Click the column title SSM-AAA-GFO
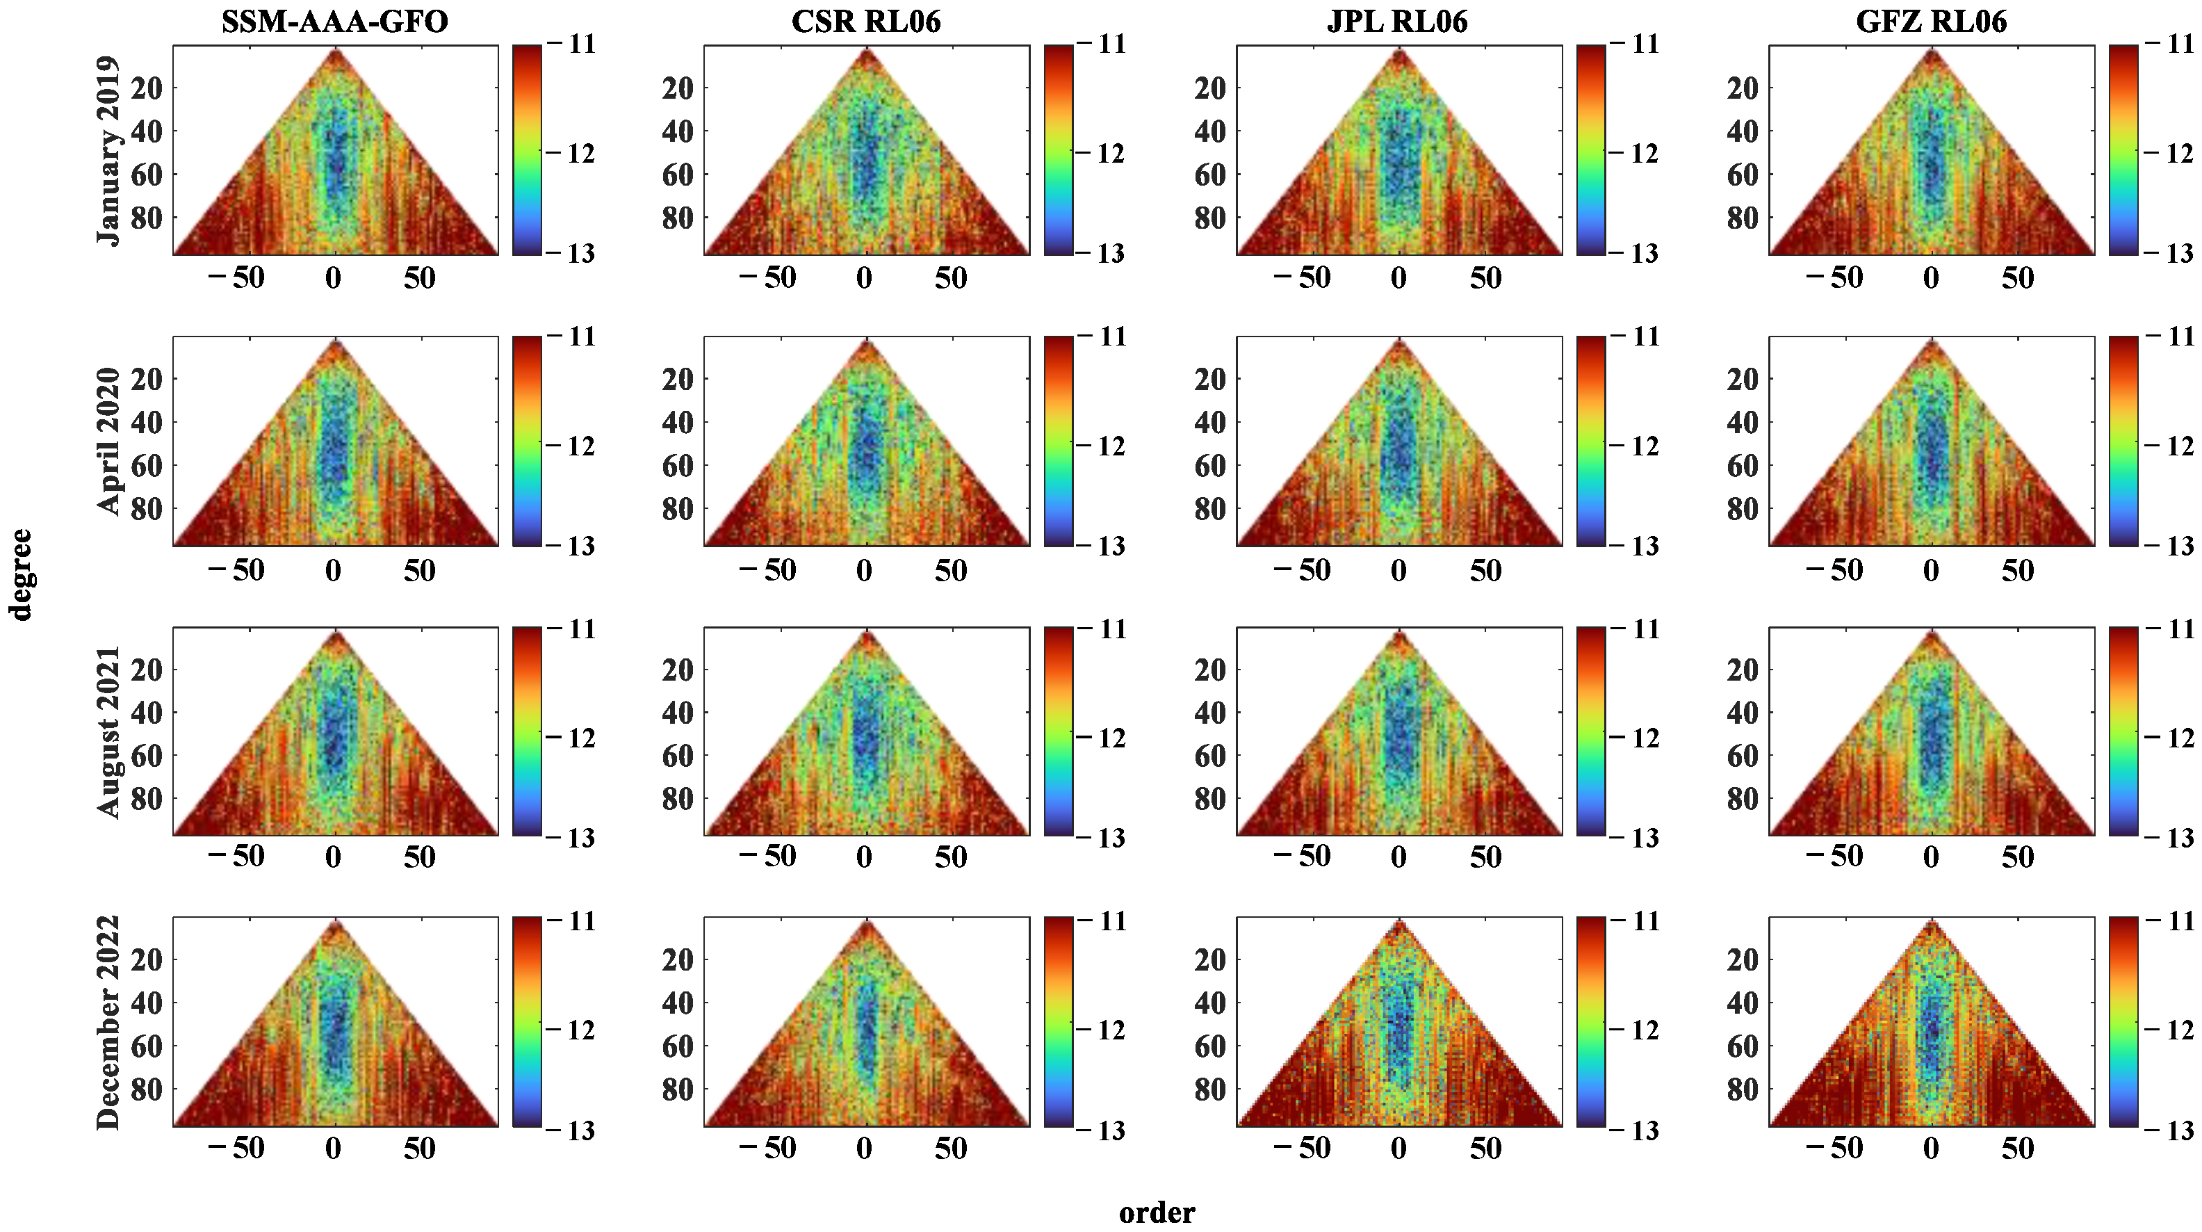coord(334,21)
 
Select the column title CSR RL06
coord(866,21)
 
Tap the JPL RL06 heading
coord(1398,21)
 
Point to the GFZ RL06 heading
coord(1931,21)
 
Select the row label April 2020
coord(108,441)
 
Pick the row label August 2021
coord(108,732)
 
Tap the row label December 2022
coord(108,1023)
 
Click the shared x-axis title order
coord(1157,1213)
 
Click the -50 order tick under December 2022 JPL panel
coord(1303,1147)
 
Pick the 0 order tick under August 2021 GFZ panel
coord(1931,857)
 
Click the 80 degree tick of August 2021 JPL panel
coord(1209,799)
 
